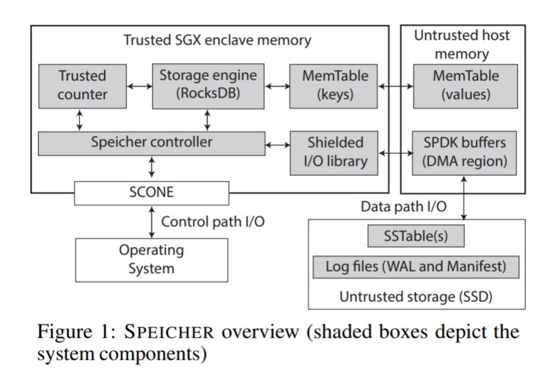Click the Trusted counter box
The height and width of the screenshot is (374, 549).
click(82, 85)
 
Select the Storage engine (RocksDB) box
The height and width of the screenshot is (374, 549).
click(208, 85)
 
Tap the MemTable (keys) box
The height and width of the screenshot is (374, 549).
click(335, 85)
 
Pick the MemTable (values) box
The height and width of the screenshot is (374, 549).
click(465, 85)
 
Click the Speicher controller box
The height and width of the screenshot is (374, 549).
click(151, 143)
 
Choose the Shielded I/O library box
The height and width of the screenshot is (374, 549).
click(335, 152)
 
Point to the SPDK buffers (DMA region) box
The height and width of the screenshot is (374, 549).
click(465, 152)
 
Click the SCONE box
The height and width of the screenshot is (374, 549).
click(151, 193)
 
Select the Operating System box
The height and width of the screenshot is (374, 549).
click(151, 258)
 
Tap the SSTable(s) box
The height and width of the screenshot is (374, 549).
click(416, 236)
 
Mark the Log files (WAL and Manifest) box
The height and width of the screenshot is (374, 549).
click(416, 266)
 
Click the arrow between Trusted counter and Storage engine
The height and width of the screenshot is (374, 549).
click(139, 86)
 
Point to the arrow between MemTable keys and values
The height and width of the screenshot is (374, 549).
click(395, 86)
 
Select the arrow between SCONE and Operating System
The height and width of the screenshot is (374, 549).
click(151, 221)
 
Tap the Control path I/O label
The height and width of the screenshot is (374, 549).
click(213, 222)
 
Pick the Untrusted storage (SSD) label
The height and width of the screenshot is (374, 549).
click(416, 296)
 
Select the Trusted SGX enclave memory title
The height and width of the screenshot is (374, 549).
click(217, 40)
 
